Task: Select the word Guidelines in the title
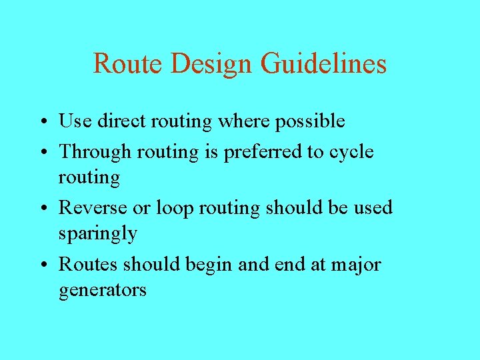point(324,63)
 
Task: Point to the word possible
point(311,122)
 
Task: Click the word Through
point(95,152)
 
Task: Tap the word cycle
point(351,153)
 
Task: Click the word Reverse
point(93,207)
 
